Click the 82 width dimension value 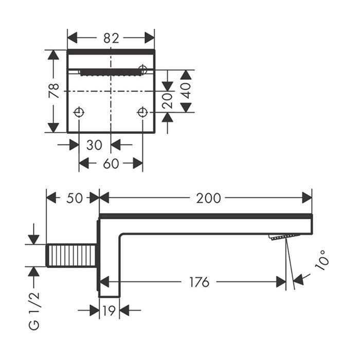[111, 38]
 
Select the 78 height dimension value [54, 91]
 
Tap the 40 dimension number [186, 91]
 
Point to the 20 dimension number [167, 100]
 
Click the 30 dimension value [94, 145]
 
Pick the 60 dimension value [111, 164]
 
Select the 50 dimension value [75, 198]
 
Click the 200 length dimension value [208, 198]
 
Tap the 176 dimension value [200, 282]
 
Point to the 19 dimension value [109, 311]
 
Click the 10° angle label [321, 260]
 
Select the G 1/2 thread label [34, 311]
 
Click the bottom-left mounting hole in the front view [79, 113]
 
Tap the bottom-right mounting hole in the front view [142, 113]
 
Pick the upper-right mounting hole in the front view [143, 69]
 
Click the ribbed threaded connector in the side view [71, 256]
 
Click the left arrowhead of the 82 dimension [73, 38]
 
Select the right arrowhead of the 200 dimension [307, 198]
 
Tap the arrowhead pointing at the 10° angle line [298, 280]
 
